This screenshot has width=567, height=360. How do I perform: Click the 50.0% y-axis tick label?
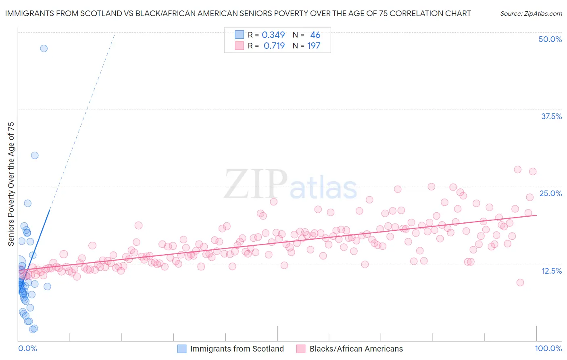click(550, 39)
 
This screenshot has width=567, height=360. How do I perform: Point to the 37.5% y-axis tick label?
click(551, 116)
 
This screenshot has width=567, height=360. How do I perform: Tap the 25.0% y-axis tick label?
click(550, 193)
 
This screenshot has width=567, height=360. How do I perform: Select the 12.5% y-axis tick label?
click(551, 271)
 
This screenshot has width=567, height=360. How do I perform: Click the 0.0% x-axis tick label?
click(27, 348)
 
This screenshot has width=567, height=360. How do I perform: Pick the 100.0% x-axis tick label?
click(548, 348)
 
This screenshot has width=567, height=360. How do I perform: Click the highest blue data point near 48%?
click(44, 48)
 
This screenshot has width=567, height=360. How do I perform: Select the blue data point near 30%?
click(35, 155)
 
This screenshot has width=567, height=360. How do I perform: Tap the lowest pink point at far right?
click(520, 283)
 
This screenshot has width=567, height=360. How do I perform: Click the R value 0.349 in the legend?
click(273, 35)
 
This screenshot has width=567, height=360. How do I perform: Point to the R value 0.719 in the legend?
click(274, 46)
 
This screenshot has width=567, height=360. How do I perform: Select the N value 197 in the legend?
click(314, 46)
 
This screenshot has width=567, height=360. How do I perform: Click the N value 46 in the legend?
click(315, 35)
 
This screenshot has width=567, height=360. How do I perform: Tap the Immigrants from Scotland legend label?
click(237, 349)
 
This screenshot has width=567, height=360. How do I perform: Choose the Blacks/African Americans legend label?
click(356, 349)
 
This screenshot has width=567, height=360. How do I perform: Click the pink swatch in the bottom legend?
click(301, 349)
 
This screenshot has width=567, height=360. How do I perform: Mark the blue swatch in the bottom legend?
click(182, 349)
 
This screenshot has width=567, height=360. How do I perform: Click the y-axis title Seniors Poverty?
click(11, 184)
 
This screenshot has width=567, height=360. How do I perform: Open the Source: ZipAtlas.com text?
click(531, 14)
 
